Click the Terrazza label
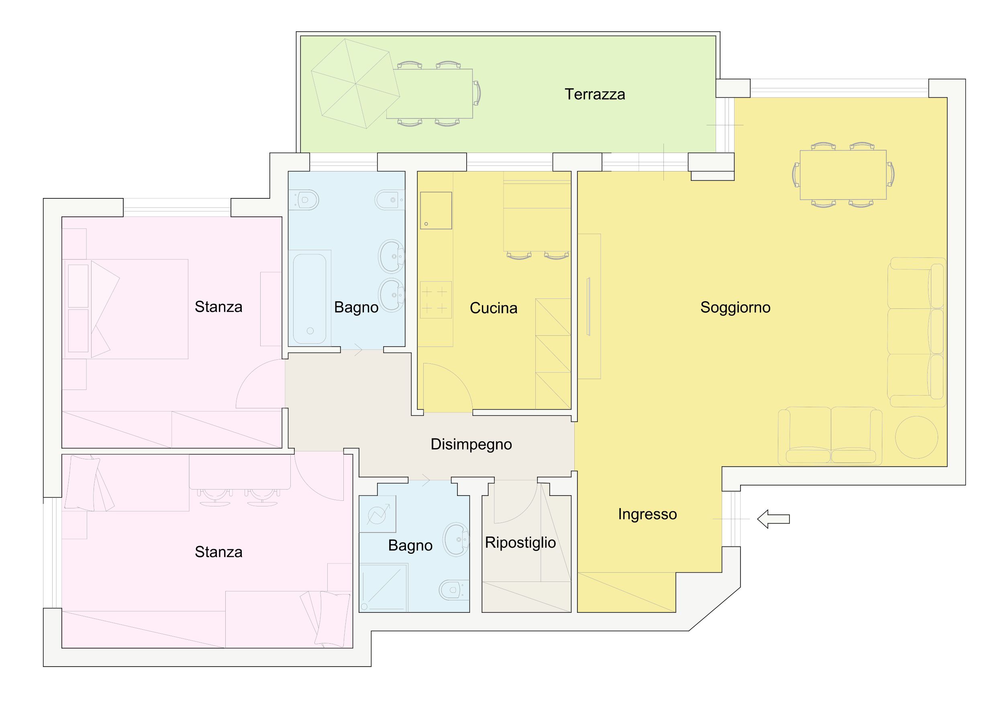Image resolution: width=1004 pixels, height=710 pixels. (595, 94)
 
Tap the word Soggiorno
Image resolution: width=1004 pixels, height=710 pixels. (735, 308)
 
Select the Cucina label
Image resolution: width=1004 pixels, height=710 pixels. (493, 308)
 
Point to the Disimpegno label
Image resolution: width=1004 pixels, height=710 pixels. (471, 445)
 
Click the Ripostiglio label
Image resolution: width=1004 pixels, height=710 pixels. (520, 543)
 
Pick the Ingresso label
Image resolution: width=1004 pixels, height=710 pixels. (647, 514)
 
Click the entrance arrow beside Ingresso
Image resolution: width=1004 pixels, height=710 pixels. (773, 519)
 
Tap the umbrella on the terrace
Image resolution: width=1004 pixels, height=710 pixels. (355, 84)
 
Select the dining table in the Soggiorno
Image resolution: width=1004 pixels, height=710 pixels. (843, 175)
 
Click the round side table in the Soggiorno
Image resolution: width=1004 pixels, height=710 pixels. (916, 437)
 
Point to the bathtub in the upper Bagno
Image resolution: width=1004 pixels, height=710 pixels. (310, 299)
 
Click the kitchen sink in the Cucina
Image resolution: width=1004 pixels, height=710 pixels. (436, 210)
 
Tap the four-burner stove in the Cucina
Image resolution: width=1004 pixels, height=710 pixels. (436, 300)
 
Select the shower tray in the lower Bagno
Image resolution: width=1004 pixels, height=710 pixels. (384, 588)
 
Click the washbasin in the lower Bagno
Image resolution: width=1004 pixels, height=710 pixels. (456, 539)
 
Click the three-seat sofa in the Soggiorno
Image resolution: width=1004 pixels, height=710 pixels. (916, 332)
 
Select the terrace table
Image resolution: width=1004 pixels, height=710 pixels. (429, 94)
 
